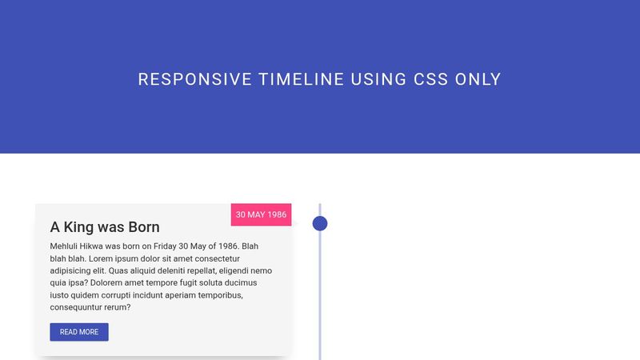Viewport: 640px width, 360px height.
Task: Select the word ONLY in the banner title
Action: tap(478, 79)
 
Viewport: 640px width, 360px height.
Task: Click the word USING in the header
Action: tap(379, 79)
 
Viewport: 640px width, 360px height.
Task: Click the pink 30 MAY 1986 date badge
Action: tap(261, 215)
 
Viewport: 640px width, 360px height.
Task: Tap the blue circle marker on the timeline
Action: tap(320, 223)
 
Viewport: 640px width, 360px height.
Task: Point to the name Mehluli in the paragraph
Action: tap(66, 247)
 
